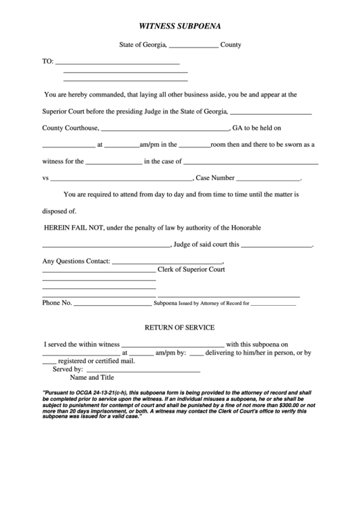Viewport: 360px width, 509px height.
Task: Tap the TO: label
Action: tap(48, 61)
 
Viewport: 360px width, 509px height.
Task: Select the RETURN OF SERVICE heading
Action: tap(180, 327)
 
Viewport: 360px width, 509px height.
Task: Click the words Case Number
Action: tap(215, 179)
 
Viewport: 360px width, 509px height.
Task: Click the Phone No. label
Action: tap(56, 303)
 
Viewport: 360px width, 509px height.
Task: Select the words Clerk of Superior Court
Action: tap(191, 269)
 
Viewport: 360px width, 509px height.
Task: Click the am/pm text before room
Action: tap(149, 144)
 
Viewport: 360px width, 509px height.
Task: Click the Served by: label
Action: tap(67, 369)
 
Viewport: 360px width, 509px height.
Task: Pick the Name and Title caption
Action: tap(92, 378)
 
